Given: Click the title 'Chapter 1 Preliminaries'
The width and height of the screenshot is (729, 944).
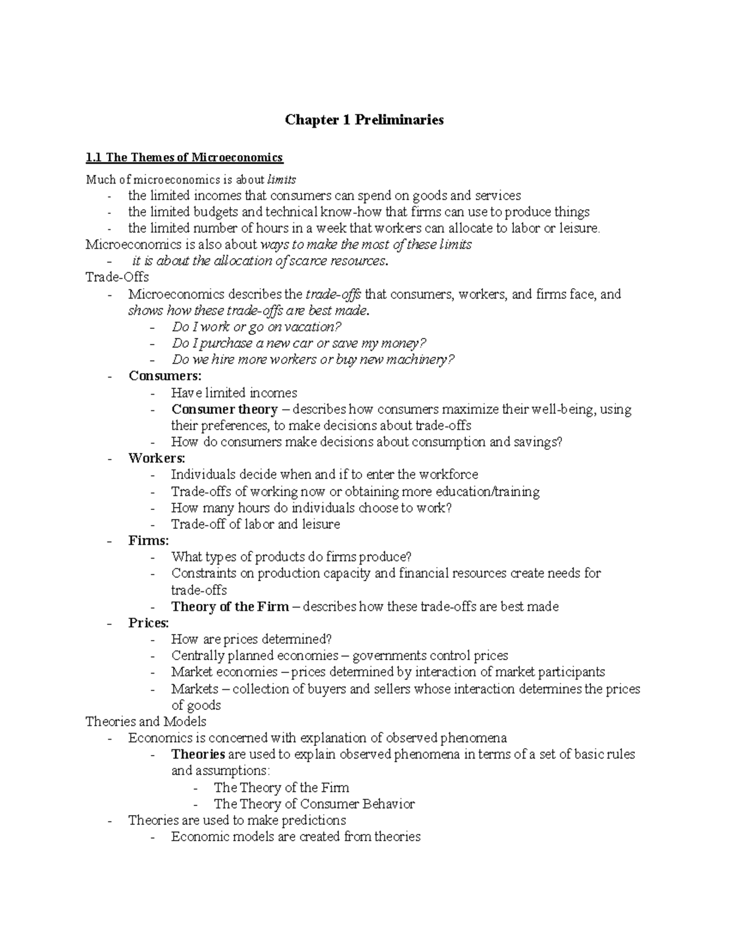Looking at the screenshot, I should coord(364,120).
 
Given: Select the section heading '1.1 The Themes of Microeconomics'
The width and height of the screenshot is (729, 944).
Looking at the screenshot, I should coord(184,158).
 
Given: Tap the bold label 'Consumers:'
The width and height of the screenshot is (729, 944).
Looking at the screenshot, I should coord(165,376).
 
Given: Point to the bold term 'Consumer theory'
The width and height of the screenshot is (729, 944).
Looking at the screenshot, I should coord(224,409).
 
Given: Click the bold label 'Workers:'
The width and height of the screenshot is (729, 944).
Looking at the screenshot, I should coord(157,458).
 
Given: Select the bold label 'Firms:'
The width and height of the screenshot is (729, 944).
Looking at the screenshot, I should coord(149,540).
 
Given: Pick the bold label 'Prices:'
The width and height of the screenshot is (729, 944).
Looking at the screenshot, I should coord(149,623).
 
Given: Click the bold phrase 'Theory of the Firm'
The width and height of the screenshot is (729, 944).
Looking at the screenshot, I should coord(230,607).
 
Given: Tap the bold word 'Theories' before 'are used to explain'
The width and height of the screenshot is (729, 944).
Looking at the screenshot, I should coord(198,754).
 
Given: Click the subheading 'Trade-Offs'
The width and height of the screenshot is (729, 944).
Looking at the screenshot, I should coord(117,277).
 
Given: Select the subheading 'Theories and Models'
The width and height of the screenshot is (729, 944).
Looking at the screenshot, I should coord(146,722).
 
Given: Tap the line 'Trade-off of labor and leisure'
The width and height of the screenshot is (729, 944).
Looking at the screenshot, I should coord(255,524).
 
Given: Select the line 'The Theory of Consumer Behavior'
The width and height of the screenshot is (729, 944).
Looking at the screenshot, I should coord(314,804).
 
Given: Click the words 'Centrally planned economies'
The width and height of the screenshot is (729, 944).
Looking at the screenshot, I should coord(255,656).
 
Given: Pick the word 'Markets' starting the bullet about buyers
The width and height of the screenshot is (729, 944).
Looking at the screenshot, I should coord(194,689).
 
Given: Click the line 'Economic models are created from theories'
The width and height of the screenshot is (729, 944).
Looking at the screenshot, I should coord(296,837).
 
